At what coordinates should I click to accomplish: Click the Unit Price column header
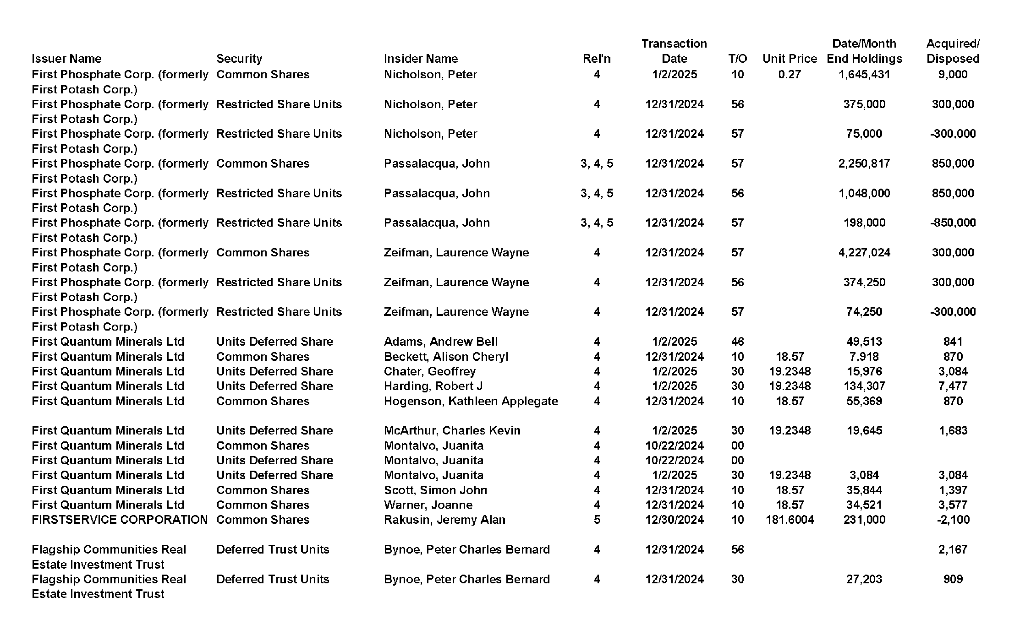point(790,59)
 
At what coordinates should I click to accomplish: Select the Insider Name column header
point(421,59)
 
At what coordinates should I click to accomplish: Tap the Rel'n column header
point(597,59)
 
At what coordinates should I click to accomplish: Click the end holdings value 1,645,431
point(864,75)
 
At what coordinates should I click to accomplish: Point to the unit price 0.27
point(790,75)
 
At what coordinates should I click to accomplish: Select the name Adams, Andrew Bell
point(440,342)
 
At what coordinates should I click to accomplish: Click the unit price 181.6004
point(790,520)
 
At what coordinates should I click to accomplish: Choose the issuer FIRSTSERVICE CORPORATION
point(120,520)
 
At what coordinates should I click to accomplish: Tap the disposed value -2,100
point(953,520)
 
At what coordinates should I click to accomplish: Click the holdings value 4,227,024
point(864,253)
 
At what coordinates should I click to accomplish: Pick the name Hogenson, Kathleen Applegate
point(471,401)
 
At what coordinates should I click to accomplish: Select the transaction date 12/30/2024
point(675,520)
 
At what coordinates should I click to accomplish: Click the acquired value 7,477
point(953,386)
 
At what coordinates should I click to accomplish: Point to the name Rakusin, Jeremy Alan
point(444,520)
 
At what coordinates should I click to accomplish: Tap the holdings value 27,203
point(864,579)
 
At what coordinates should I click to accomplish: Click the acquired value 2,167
point(953,549)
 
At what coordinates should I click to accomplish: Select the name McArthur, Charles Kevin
point(452,430)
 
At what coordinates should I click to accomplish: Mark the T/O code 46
point(737,342)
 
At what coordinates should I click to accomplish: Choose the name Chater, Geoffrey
point(429,371)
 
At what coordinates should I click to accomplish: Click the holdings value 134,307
point(864,386)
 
